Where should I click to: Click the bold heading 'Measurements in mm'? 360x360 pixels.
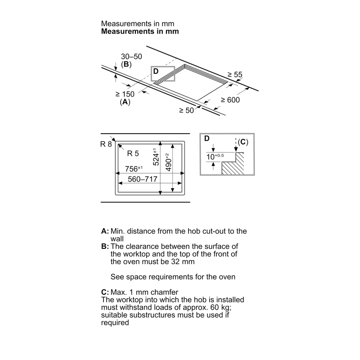pos(140,31)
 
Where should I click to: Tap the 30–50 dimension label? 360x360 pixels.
pos(131,57)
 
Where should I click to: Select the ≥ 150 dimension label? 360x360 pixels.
pos(125,94)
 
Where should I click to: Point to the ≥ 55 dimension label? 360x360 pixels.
pos(235,75)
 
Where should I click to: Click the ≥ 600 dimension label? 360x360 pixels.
pos(230,100)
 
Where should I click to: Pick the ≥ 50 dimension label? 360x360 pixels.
pos(186,110)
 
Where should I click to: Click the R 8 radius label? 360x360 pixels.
pos(106,144)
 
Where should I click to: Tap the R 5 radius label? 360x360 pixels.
pos(133,153)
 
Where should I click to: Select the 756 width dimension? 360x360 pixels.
pos(134,169)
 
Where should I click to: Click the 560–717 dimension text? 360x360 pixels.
pos(143,179)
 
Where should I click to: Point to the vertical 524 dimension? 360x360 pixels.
pos(155,157)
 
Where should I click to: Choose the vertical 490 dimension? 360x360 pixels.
pos(168,162)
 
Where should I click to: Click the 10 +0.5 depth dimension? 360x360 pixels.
pos(215,157)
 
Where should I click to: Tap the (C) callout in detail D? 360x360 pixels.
pos(243,142)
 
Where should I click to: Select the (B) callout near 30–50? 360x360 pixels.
pos(126,64)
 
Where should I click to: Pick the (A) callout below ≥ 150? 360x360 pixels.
pos(125,102)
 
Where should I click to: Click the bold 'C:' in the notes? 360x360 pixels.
pos(105,292)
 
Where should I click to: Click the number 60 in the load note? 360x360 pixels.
pos(215,307)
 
